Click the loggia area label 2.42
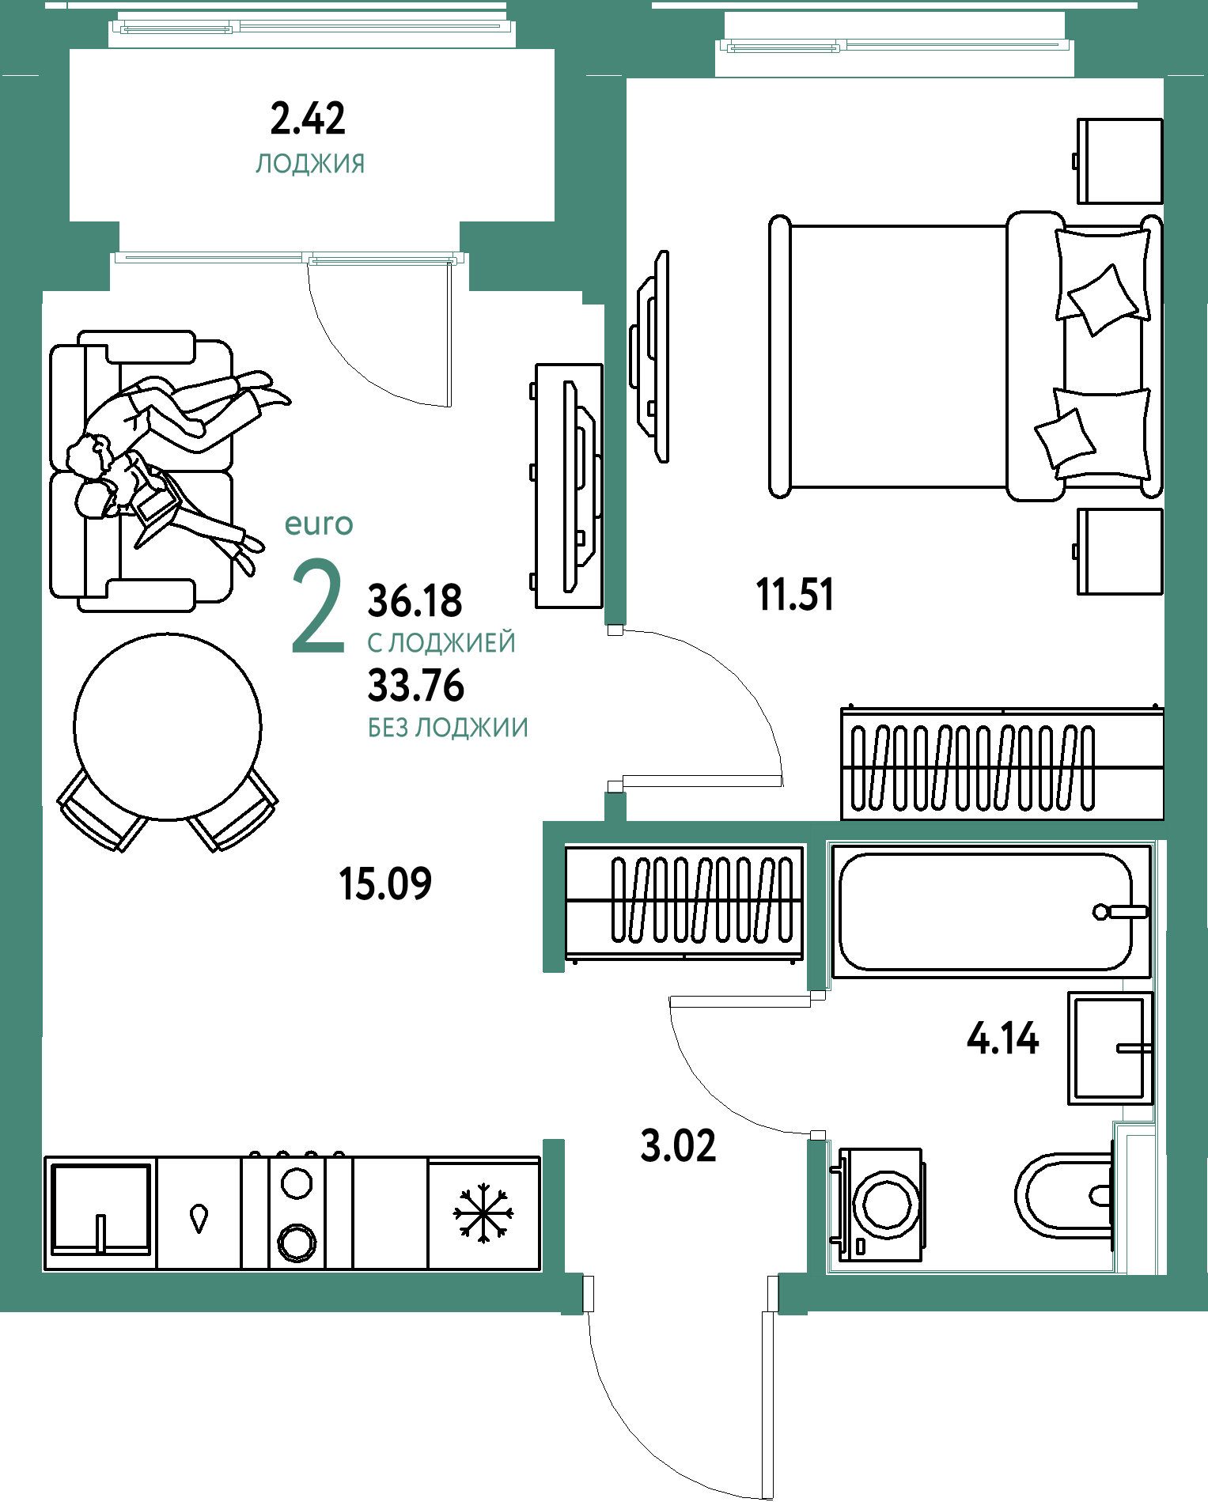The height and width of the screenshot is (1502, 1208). (308, 119)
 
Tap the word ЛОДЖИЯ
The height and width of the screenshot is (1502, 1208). (310, 164)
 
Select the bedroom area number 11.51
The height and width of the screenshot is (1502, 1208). (795, 595)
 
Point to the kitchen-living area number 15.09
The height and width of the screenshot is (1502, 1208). (385, 883)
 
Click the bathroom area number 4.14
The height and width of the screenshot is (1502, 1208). (1002, 1039)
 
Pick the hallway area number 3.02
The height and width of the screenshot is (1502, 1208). (678, 1146)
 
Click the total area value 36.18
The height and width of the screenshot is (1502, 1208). (415, 601)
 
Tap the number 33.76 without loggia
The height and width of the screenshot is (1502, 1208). (416, 686)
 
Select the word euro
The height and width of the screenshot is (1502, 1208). (319, 524)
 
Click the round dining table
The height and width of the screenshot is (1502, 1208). (168, 726)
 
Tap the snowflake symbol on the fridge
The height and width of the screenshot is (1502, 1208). (483, 1211)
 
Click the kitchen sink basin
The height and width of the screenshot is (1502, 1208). (100, 1209)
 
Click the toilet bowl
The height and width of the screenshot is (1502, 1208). (1065, 1195)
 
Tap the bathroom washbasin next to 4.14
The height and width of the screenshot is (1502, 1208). (1111, 1048)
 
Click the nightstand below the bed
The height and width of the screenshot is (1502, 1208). (1119, 551)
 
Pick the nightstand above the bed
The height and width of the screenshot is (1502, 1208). (1119, 161)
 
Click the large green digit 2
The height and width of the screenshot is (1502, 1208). (318, 607)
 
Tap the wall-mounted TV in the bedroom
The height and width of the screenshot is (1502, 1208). (651, 356)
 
